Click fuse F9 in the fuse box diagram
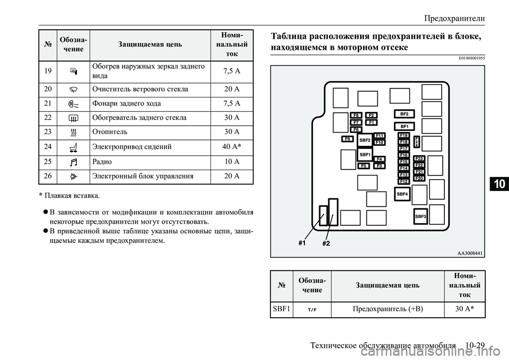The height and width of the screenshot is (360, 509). [348, 139]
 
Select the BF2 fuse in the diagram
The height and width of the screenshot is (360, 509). [404, 114]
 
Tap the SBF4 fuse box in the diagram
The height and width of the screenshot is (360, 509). [402, 195]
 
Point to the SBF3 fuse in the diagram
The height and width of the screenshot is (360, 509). [421, 216]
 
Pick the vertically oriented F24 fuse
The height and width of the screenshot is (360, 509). [417, 142]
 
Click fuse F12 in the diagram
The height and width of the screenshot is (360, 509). [404, 181]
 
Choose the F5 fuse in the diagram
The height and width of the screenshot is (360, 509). [364, 166]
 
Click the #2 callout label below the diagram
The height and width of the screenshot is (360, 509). [326, 244]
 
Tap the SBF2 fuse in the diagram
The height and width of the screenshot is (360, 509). [365, 140]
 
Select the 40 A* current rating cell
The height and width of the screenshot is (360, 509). [232, 145]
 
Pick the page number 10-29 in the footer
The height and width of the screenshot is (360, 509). [476, 345]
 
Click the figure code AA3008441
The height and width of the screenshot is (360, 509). [469, 253]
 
